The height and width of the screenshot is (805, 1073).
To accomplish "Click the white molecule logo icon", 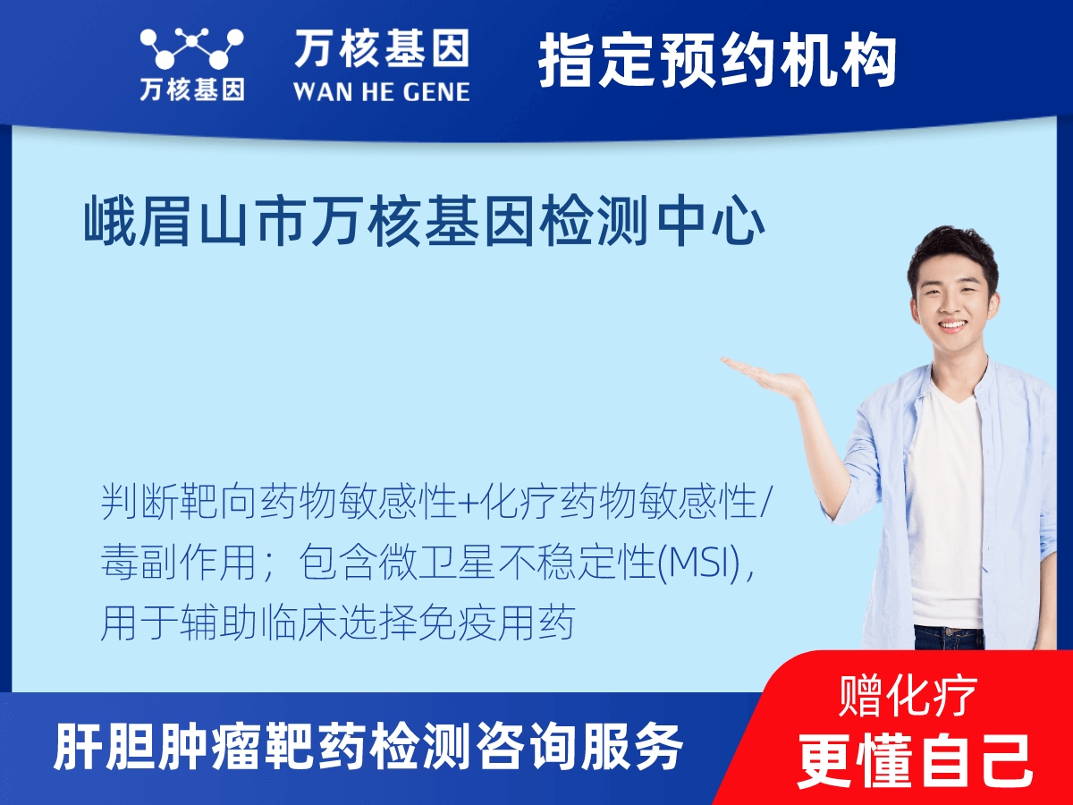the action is tap(192, 48).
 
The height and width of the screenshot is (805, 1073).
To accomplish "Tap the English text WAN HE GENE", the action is tap(382, 92).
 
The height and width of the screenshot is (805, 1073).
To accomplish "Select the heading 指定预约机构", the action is tap(718, 61).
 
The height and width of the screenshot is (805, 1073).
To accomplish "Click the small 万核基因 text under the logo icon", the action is tap(192, 90).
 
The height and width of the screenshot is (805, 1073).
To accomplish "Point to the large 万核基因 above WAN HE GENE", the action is tap(382, 48).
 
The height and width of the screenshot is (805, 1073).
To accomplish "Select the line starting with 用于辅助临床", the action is tap(337, 623).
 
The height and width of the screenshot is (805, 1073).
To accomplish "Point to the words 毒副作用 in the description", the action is tap(178, 563).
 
